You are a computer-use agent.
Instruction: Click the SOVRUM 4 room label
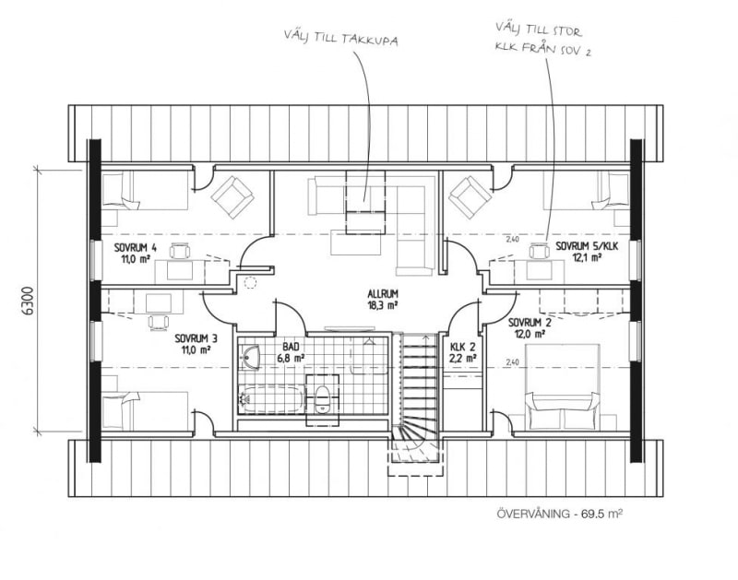coord(135,247)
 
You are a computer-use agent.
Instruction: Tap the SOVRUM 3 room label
coord(196,338)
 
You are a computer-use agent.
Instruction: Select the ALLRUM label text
coord(383,294)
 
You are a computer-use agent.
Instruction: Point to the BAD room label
coord(291,347)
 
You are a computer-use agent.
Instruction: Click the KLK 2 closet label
coord(463,347)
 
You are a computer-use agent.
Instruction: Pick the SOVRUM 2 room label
coord(530,323)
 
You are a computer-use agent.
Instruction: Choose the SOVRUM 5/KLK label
coord(587,246)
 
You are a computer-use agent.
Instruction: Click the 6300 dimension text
coord(28,300)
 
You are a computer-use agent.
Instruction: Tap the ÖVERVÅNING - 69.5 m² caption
coord(560,514)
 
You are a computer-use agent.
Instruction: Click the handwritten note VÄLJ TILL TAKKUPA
coord(340,38)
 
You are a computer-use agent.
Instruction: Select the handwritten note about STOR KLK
coord(543,40)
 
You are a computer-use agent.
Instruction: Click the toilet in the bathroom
coord(322,399)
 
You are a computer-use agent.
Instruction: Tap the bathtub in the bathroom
coord(272,399)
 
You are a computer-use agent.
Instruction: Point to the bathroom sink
coord(249,356)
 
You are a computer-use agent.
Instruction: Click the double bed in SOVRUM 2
coord(562,386)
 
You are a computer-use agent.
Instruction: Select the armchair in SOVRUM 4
coord(232,197)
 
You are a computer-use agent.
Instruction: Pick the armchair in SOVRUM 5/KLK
coord(470,197)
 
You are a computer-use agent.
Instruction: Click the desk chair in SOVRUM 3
coord(159,322)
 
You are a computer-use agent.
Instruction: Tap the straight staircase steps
coord(421,380)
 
